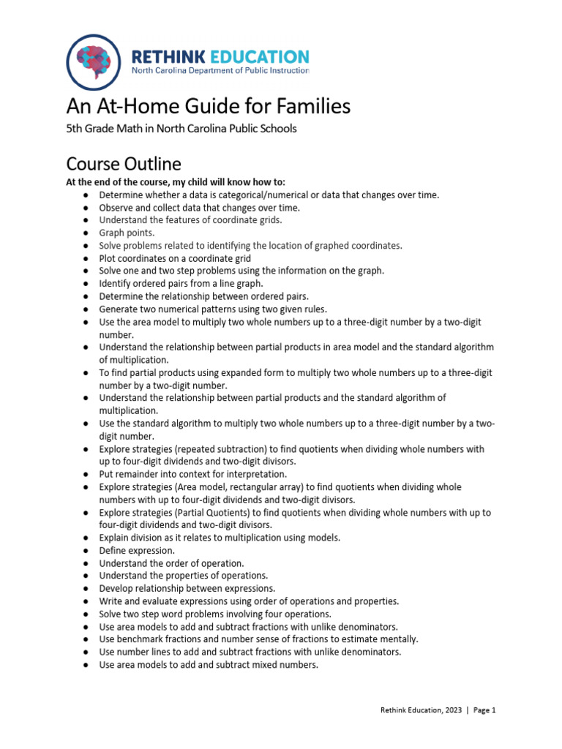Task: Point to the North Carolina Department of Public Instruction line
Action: pyautogui.click(x=220, y=71)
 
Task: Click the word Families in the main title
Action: pyautogui.click(x=310, y=107)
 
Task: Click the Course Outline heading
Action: pyautogui.click(x=124, y=162)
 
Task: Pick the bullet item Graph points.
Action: pyautogui.click(x=127, y=233)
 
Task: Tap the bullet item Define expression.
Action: pyautogui.click(x=137, y=550)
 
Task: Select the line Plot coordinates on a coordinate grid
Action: pyautogui.click(x=175, y=258)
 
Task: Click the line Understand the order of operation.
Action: pyautogui.click(x=171, y=563)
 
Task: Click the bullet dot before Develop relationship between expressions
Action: pyautogui.click(x=86, y=589)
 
